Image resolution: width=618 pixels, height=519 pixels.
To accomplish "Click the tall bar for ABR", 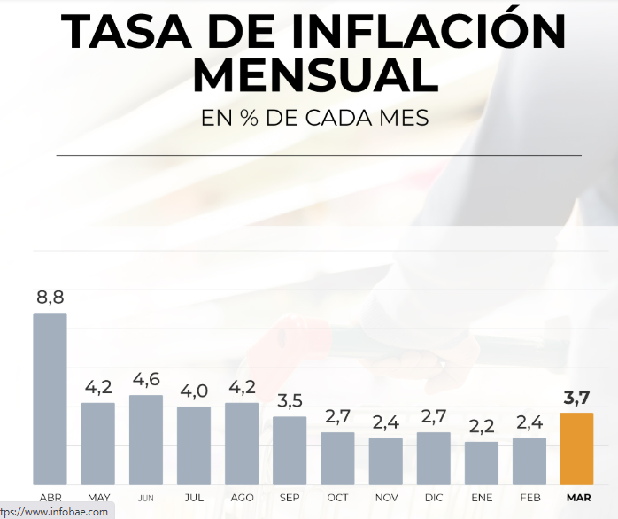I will [x=50, y=399].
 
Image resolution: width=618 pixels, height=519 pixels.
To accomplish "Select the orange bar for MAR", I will [x=576, y=448].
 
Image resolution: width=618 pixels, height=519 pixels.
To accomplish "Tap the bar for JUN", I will [x=146, y=439].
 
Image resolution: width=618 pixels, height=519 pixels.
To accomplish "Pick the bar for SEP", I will [x=290, y=450].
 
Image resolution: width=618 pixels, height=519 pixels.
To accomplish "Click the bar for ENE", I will [x=481, y=462].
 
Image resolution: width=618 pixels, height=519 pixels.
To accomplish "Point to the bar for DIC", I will [x=433, y=458].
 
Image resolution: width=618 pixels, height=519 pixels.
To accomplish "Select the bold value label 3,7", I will [x=576, y=399].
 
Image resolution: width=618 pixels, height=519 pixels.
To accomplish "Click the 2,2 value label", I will [x=481, y=427].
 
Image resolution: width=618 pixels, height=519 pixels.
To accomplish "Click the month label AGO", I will [x=242, y=498].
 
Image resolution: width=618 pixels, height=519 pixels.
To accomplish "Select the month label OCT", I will [x=337, y=498].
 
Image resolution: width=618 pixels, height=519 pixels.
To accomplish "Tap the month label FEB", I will [x=529, y=498].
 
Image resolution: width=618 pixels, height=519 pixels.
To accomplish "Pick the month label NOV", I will [x=385, y=498].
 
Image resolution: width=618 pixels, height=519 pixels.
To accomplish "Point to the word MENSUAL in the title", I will [x=315, y=75].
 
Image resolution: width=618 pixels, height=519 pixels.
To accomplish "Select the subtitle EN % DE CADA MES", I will [x=315, y=118].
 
